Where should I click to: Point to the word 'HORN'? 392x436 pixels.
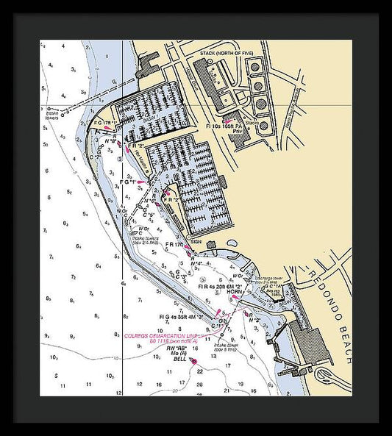(x=235, y=292)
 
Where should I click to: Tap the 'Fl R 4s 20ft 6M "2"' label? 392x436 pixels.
(x=221, y=286)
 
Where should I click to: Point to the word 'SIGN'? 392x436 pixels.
(x=196, y=240)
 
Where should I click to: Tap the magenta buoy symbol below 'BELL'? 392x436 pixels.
(x=193, y=362)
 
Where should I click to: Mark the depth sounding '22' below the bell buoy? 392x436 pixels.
(x=199, y=371)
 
